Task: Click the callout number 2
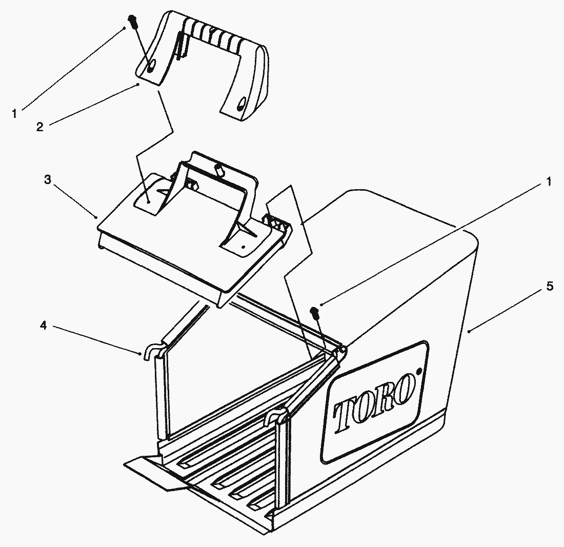pos(39,127)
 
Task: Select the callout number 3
pos(48,179)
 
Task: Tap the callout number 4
pos(43,326)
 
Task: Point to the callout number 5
pos(550,287)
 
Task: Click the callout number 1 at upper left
pos(14,114)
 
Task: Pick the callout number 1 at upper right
pos(549,181)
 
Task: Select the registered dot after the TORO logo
pos(418,370)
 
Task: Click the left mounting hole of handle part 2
pos(151,65)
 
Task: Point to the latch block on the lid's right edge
pos(277,223)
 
